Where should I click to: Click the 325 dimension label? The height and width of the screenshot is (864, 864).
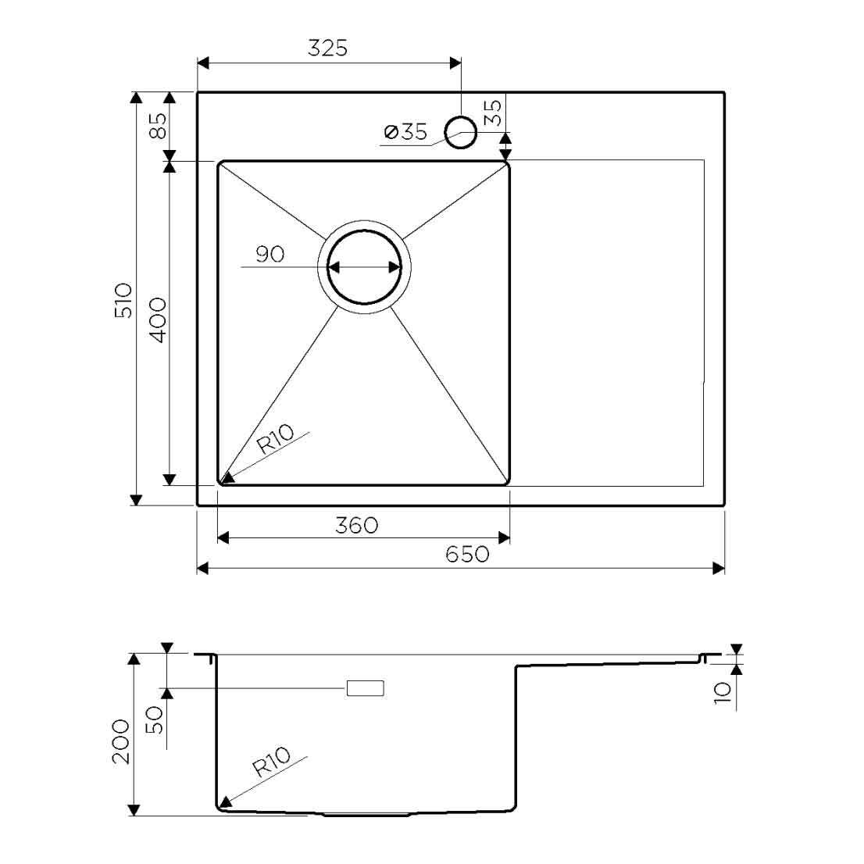tap(327, 48)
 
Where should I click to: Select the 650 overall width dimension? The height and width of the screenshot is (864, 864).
tap(467, 554)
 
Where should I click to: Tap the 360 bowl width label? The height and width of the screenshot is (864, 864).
tap(356, 525)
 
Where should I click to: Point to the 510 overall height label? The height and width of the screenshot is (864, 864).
tap(123, 300)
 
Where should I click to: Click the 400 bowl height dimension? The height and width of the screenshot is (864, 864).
tap(158, 320)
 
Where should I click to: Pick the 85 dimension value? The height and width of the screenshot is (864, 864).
tap(158, 126)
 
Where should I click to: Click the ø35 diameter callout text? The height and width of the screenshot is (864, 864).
tap(405, 132)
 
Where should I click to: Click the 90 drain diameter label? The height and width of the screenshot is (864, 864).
tap(270, 254)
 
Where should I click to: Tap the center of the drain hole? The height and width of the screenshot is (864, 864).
tap(364, 267)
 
